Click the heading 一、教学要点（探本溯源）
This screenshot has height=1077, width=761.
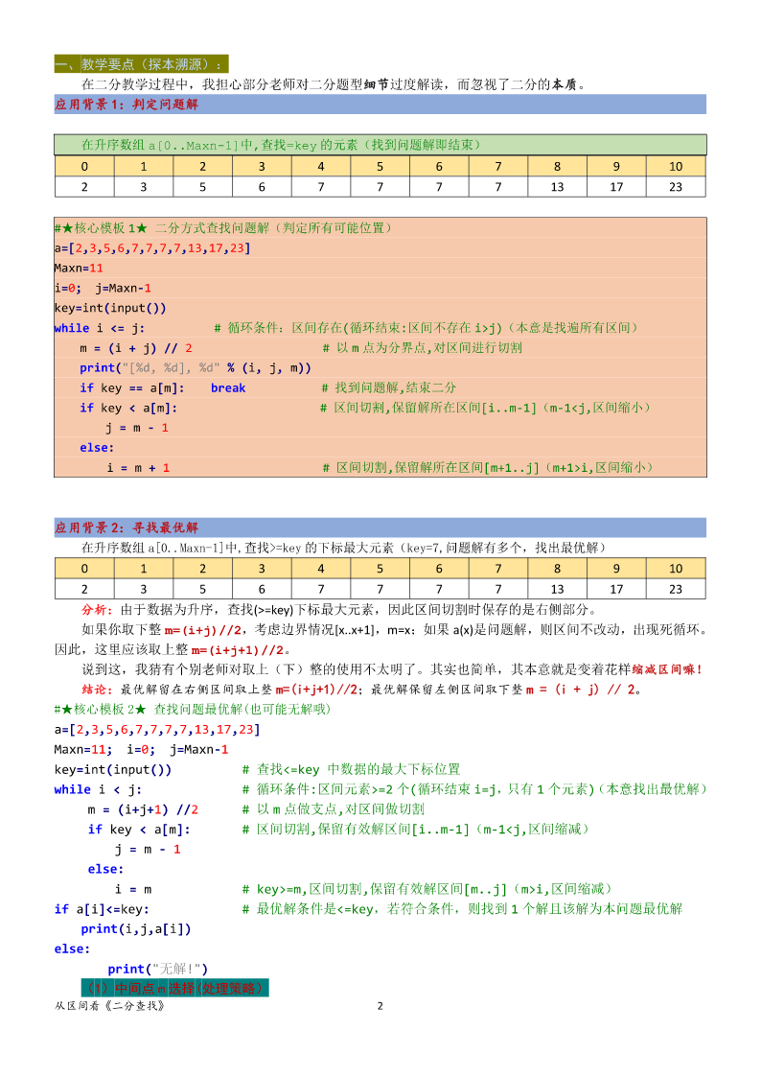pyautogui.click(x=141, y=64)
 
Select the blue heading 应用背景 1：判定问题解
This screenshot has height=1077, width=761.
pyautogui.click(x=127, y=104)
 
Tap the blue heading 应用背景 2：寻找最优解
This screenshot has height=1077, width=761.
pyautogui.click(x=127, y=527)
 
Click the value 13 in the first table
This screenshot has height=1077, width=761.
pyautogui.click(x=558, y=187)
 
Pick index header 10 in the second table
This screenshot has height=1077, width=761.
pyautogui.click(x=676, y=569)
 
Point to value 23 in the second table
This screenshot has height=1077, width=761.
pyautogui.click(x=676, y=589)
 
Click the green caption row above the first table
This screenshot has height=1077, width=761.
pyautogui.click(x=380, y=145)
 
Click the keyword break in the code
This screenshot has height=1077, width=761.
pyautogui.click(x=228, y=388)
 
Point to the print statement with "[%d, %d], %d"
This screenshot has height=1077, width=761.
pyautogui.click(x=195, y=368)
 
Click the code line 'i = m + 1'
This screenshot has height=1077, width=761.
pyautogui.click(x=138, y=468)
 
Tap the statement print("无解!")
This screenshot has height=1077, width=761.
pyautogui.click(x=157, y=969)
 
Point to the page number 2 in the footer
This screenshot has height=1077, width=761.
pyautogui.click(x=380, y=1006)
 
